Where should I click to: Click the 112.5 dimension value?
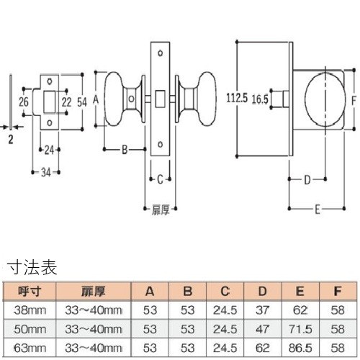tap(237, 98)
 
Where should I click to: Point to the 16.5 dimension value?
tap(260, 99)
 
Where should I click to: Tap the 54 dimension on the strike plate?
tap(82, 102)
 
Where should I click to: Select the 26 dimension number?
tap(24, 102)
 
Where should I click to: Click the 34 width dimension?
tap(46, 172)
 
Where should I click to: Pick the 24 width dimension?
tap(49, 150)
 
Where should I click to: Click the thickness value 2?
tap(11, 140)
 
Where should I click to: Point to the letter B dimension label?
tap(125, 150)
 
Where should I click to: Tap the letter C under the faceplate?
tap(160, 179)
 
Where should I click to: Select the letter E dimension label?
tap(318, 210)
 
